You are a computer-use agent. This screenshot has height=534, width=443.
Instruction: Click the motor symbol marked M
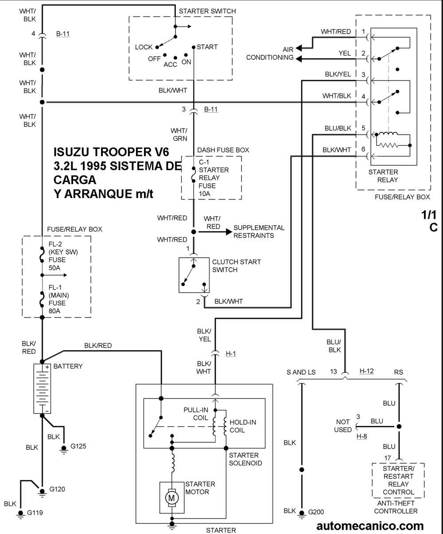[x=171, y=498]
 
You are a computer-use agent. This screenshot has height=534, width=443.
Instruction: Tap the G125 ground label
[x=78, y=446]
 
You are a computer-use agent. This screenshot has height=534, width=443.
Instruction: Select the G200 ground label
[x=316, y=512]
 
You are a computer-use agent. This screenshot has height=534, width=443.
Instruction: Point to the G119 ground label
[x=35, y=513]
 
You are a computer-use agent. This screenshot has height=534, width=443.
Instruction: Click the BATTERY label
[x=67, y=366]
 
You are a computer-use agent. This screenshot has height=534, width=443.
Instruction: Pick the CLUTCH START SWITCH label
[x=236, y=266]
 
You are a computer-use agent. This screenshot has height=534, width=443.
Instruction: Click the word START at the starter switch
[x=207, y=47]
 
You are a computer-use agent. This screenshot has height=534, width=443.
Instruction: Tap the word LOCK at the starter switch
[x=144, y=47]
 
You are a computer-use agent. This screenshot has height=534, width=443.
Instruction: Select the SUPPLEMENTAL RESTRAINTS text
[x=259, y=232]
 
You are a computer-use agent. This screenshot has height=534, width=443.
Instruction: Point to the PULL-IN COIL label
[x=195, y=414]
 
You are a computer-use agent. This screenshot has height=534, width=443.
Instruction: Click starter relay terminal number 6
[x=363, y=149]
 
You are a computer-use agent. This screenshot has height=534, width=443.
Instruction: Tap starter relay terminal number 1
[x=363, y=31]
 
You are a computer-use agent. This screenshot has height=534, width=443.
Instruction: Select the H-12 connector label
[x=366, y=371]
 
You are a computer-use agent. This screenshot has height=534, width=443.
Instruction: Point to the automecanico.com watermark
[x=370, y=526]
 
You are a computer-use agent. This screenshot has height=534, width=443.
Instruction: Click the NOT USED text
[x=342, y=426]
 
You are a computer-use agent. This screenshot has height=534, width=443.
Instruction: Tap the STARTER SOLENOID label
[x=244, y=459]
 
